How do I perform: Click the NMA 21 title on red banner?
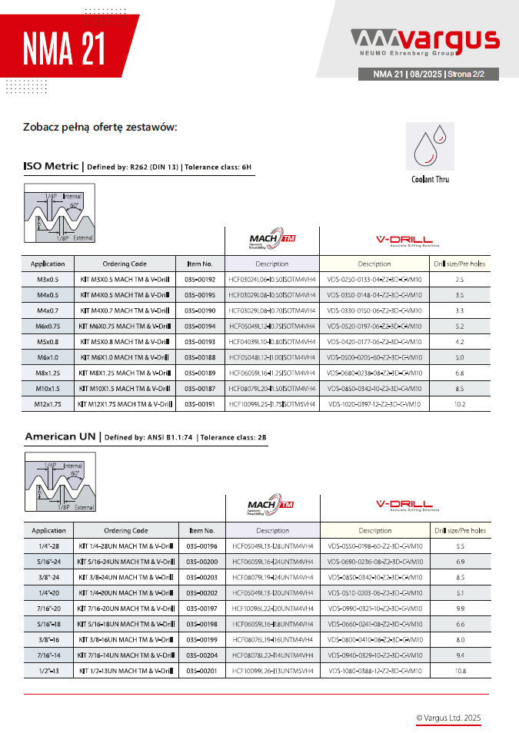pyautogui.click(x=64, y=51)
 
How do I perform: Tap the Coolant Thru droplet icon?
pyautogui.click(x=430, y=147)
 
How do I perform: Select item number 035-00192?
pyautogui.click(x=201, y=280)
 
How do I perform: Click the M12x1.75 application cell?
pyautogui.click(x=48, y=403)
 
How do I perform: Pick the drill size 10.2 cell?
pyautogui.click(x=459, y=403)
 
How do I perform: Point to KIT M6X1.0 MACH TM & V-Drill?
pyautogui.click(x=125, y=357)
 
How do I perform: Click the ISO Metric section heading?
pyautogui.click(x=52, y=166)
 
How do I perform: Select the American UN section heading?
pyautogui.click(x=60, y=436)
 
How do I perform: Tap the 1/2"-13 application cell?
pyautogui.click(x=48, y=671)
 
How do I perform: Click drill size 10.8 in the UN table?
pyautogui.click(x=460, y=671)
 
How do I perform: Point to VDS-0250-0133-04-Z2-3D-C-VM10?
pyautogui.click(x=374, y=280)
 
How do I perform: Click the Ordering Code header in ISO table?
pyautogui.click(x=125, y=264)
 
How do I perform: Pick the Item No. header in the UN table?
pyautogui.click(x=202, y=530)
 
